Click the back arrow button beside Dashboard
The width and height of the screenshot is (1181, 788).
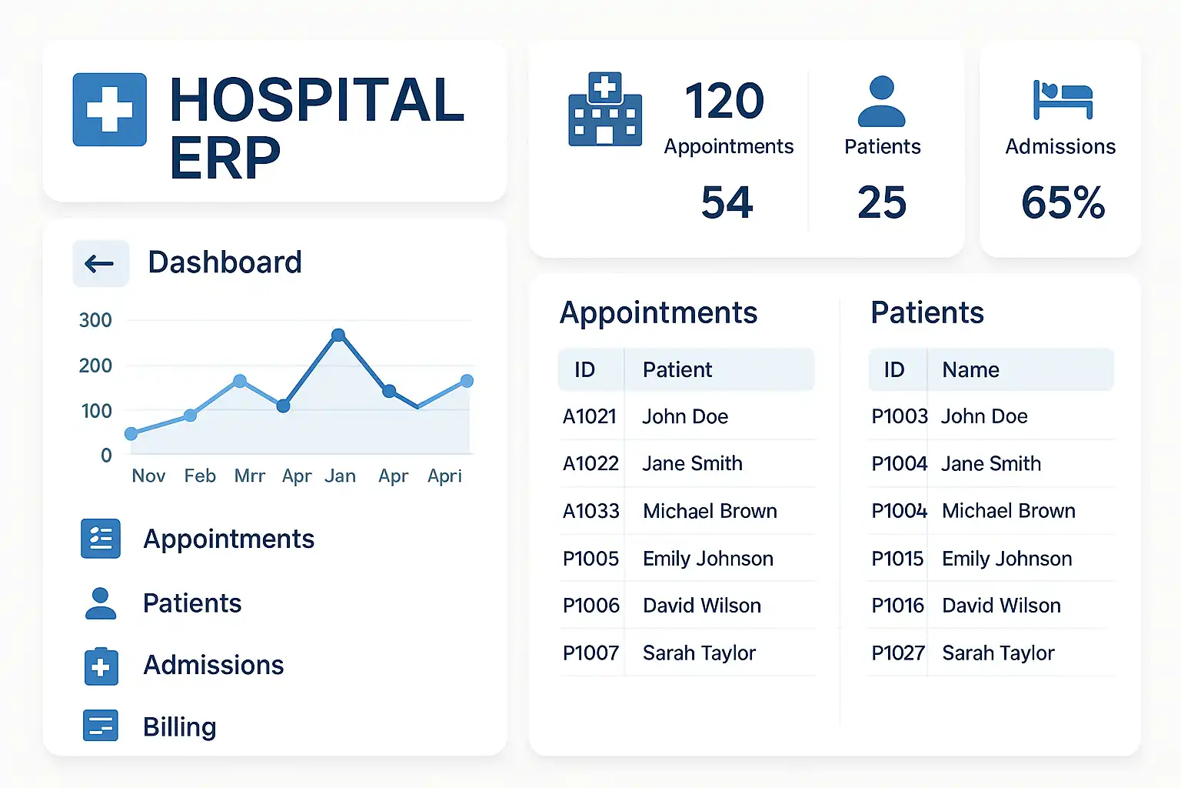100,264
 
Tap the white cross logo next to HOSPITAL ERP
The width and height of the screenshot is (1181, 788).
109,109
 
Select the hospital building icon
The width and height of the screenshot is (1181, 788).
605,109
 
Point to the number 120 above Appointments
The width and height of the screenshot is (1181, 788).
724,101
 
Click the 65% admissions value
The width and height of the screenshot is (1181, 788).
1063,202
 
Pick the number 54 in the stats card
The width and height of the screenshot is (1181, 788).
727,202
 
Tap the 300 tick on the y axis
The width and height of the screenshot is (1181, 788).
95,320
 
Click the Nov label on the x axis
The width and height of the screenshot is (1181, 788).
148,476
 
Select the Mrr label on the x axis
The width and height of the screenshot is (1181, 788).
249,476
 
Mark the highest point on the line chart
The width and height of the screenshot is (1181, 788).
338,335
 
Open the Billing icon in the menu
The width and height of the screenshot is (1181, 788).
101,726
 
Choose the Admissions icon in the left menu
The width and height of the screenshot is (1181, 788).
101,666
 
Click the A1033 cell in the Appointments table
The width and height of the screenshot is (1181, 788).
590,511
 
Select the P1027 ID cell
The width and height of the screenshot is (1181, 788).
897,653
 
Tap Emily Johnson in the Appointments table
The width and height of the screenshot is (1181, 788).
707,559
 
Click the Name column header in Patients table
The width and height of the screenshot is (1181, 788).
970,370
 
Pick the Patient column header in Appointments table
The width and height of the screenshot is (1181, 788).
677,370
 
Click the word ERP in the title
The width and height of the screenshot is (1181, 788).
225,159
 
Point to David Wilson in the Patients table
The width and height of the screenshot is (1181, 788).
1001,606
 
